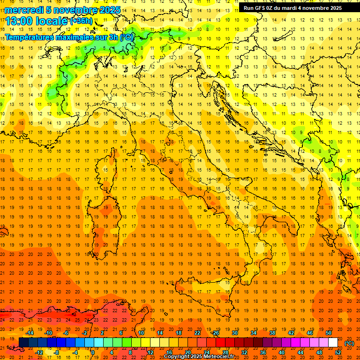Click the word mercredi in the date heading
click(x=24, y=10)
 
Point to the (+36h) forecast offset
click(x=81, y=21)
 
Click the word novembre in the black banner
click(x=315, y=8)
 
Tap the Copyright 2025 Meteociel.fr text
click(x=199, y=357)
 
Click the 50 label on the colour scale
click(x=329, y=333)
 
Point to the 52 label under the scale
click(x=338, y=352)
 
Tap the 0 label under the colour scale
click(x=93, y=352)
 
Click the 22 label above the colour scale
click(x=197, y=333)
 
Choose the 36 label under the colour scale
click(x=263, y=352)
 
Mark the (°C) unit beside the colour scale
click(x=350, y=343)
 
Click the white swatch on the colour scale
click(x=333, y=343)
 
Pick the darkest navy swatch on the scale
click(x=23, y=343)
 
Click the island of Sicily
click(x=206, y=293)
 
